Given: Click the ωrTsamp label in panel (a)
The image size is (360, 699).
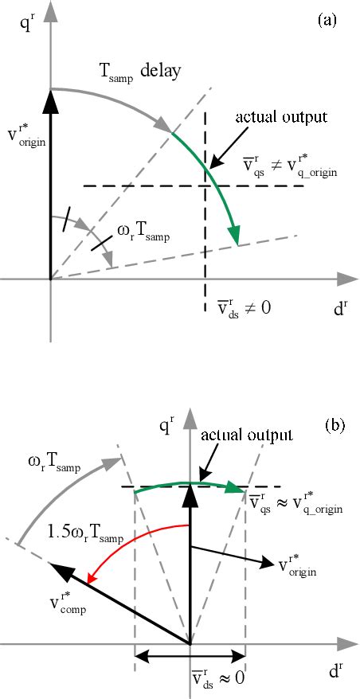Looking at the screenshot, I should pos(144,232).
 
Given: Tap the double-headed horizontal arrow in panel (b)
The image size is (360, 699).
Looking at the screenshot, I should pos(189,658).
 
